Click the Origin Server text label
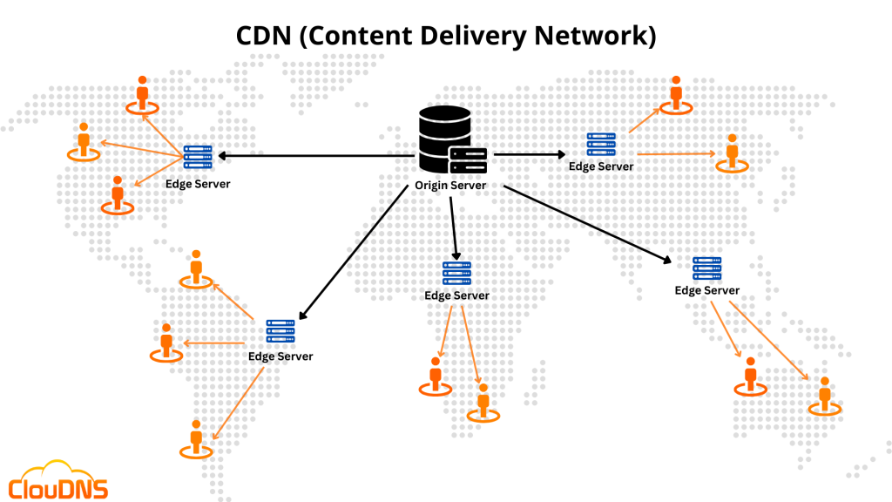(x=449, y=186)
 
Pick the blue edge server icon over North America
(x=198, y=157)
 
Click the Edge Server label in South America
(x=280, y=356)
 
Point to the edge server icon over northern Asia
(x=601, y=145)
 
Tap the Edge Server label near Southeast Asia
(x=706, y=290)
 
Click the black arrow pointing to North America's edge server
(x=314, y=156)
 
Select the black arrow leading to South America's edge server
(x=353, y=253)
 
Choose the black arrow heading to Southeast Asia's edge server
(x=588, y=222)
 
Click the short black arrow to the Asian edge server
(x=530, y=154)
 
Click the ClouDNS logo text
(x=58, y=487)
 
